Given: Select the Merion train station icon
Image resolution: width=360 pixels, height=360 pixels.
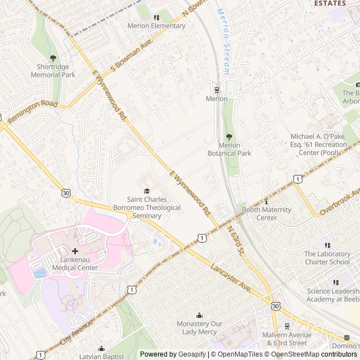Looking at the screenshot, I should pyautogui.click(x=217, y=89).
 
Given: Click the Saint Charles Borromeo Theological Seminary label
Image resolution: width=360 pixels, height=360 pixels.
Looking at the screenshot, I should pyautogui.click(x=146, y=207).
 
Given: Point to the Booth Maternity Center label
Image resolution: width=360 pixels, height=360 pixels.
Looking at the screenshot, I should pyautogui.click(x=266, y=214).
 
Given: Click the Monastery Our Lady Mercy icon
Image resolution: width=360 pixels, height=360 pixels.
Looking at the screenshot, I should pyautogui.click(x=199, y=315).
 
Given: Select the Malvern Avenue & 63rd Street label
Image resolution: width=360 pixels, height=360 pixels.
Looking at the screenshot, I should pyautogui.click(x=286, y=339).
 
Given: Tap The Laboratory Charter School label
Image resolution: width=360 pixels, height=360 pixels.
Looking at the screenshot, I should pyautogui.click(x=327, y=258).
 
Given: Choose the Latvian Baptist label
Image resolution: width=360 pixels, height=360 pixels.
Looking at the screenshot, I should pyautogui.click(x=101, y=357).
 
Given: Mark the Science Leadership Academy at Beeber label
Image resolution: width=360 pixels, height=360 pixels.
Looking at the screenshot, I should pyautogui.click(x=332, y=295).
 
